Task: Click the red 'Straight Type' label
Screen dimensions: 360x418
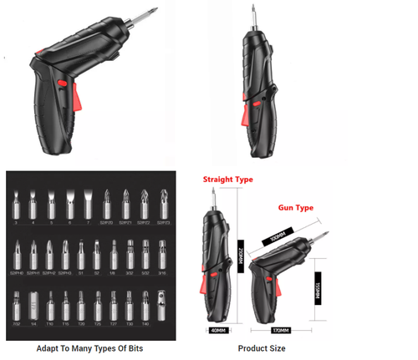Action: point(227,179)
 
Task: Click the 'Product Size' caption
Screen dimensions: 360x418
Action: point(263,347)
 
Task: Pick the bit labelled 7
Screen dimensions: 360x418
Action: point(89,205)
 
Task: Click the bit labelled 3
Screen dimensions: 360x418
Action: point(15,205)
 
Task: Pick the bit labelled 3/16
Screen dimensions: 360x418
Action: point(162,253)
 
